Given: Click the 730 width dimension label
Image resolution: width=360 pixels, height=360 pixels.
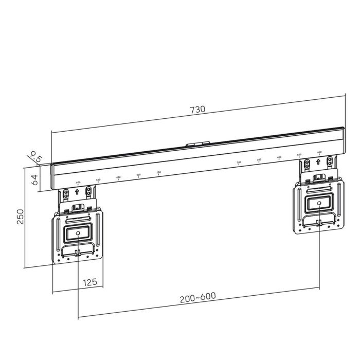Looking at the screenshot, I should click(x=197, y=109).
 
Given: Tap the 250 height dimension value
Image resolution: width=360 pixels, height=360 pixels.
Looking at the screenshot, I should click(x=20, y=215).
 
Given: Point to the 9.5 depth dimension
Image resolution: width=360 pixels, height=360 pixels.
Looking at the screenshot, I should click(x=35, y=156).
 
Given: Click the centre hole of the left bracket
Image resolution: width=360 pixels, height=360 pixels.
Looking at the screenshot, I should click(x=78, y=233).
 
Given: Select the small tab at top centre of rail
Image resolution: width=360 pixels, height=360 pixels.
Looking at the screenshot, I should click(x=198, y=145).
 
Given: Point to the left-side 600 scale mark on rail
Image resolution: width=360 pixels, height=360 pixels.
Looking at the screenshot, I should click(x=78, y=183).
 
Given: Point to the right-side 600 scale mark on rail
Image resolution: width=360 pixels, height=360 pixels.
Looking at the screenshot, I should click(x=319, y=153).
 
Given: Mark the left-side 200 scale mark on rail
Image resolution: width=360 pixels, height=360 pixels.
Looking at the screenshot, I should click(x=158, y=173).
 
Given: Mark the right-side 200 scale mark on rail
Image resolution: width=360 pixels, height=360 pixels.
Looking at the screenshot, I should click(x=239, y=163).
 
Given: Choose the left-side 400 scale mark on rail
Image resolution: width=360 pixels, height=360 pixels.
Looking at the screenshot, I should click(x=118, y=178).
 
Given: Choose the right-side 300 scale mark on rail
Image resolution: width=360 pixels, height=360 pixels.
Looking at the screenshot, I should click(x=259, y=160).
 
